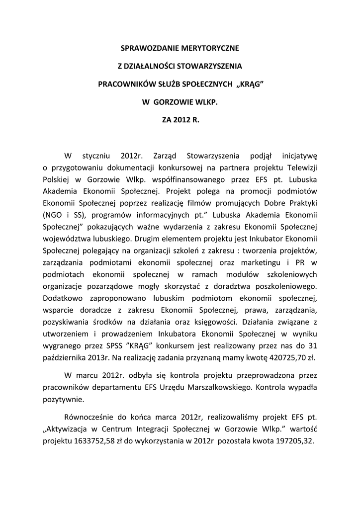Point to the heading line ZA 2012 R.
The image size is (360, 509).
tap(180, 120)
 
